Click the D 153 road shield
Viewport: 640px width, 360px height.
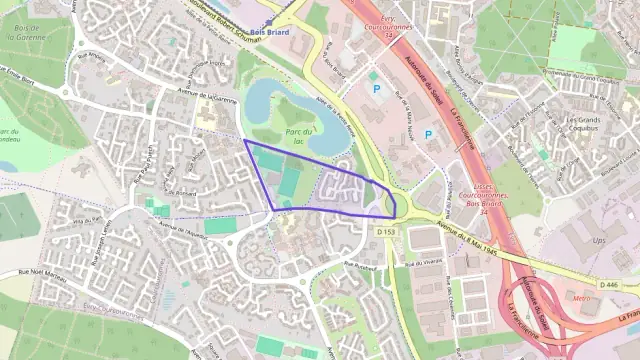click(x=387, y=232)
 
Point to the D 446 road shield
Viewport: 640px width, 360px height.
click(x=609, y=285)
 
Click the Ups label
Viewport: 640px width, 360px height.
click(x=597, y=241)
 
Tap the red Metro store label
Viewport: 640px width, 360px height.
click(x=580, y=298)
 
